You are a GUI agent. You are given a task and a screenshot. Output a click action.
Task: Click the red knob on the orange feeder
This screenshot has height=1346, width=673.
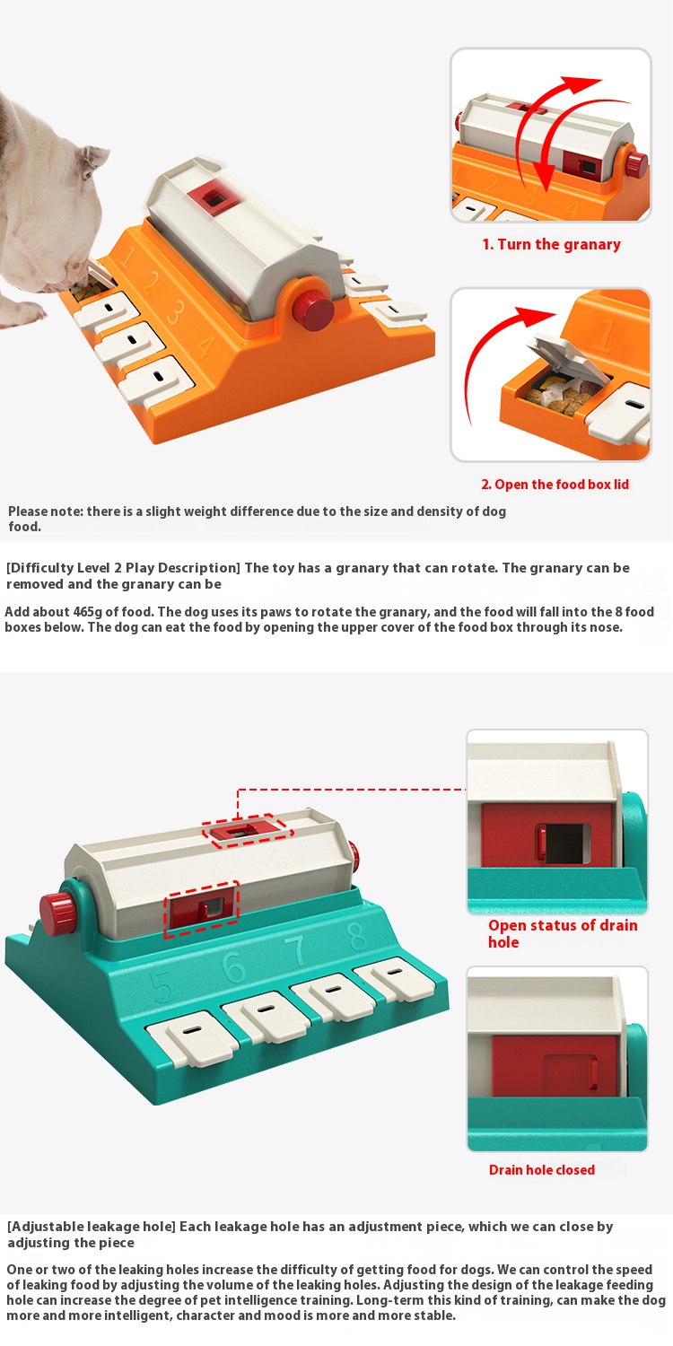[313, 310]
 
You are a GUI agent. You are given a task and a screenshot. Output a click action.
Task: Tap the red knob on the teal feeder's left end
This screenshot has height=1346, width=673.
[59, 914]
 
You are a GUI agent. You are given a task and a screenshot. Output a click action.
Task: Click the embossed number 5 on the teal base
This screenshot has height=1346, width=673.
[162, 986]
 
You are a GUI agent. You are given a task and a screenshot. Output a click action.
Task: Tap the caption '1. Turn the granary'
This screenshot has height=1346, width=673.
[551, 245]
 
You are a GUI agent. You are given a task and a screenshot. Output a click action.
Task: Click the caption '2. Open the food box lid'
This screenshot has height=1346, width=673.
[555, 485]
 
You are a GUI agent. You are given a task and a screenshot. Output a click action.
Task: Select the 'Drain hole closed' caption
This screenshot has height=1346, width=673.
[541, 1169]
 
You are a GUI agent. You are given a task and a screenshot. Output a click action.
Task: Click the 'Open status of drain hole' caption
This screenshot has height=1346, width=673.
[563, 933]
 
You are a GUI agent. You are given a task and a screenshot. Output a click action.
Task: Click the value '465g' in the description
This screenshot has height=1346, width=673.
[87, 612]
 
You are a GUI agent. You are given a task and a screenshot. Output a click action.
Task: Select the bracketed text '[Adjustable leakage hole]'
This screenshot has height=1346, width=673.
[91, 1227]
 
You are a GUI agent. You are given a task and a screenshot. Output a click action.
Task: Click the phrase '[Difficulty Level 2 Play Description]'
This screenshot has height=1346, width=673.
[123, 568]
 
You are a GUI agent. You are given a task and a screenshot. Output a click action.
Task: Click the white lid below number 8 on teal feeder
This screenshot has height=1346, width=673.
[394, 979]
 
